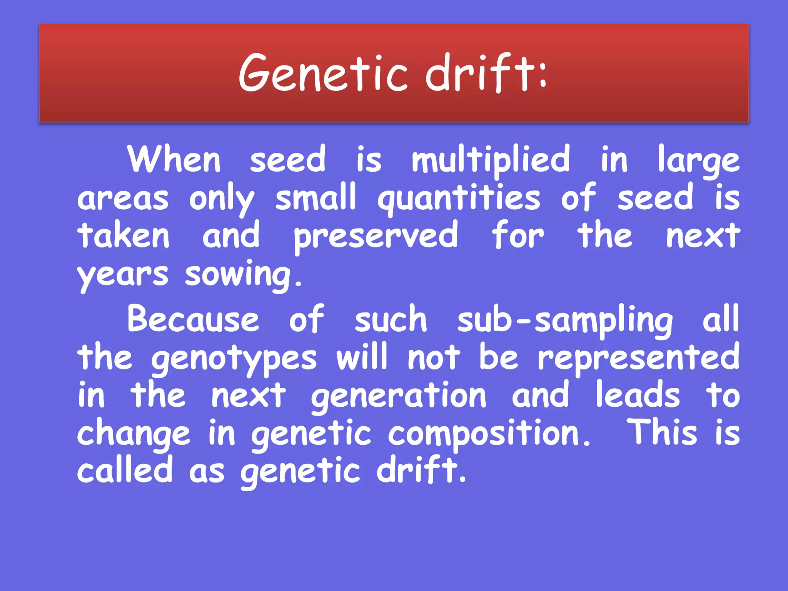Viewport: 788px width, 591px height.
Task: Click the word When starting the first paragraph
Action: click(174, 160)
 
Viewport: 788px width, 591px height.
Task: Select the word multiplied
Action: click(491, 160)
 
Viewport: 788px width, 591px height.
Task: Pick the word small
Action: click(316, 197)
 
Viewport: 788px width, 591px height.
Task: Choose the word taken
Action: click(124, 235)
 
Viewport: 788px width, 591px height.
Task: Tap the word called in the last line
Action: click(125, 470)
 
